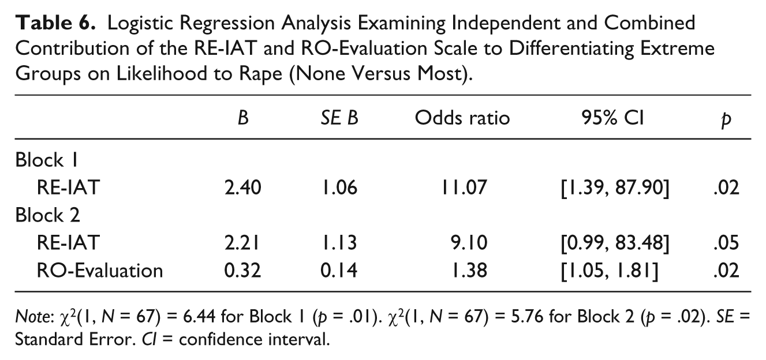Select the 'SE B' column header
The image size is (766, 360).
(x=339, y=118)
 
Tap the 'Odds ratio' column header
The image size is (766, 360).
(x=462, y=118)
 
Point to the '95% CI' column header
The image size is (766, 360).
(x=613, y=118)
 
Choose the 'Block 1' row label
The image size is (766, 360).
(x=47, y=160)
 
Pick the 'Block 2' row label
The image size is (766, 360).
(x=47, y=215)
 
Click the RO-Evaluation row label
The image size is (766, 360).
(x=99, y=271)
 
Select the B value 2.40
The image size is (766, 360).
(x=243, y=187)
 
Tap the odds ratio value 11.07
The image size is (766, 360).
(x=464, y=187)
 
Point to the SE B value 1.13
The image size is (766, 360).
(x=339, y=243)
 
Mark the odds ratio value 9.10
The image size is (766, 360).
(x=469, y=243)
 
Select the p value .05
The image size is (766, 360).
(x=726, y=243)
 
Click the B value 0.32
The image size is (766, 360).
(x=242, y=271)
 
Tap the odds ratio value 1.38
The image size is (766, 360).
(x=469, y=271)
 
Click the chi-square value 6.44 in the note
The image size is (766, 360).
(x=199, y=316)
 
